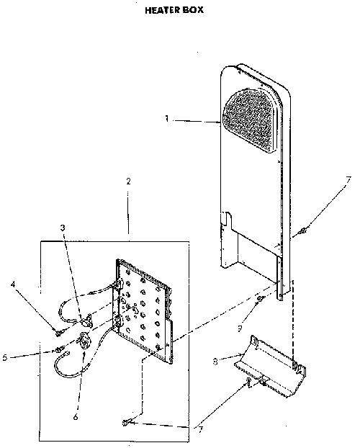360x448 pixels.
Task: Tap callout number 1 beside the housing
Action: tap(167, 118)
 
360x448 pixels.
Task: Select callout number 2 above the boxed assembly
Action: tap(128, 181)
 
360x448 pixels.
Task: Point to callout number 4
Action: tap(13, 285)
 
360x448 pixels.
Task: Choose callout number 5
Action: tap(5, 357)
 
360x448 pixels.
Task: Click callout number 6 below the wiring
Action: tap(76, 417)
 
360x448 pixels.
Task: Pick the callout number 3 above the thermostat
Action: tap(63, 228)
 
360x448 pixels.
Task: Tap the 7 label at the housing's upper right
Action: tap(348, 181)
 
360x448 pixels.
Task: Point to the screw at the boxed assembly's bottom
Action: tap(127, 422)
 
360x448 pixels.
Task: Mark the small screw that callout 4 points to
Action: tap(59, 333)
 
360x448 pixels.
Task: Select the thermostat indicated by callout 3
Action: tap(86, 320)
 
